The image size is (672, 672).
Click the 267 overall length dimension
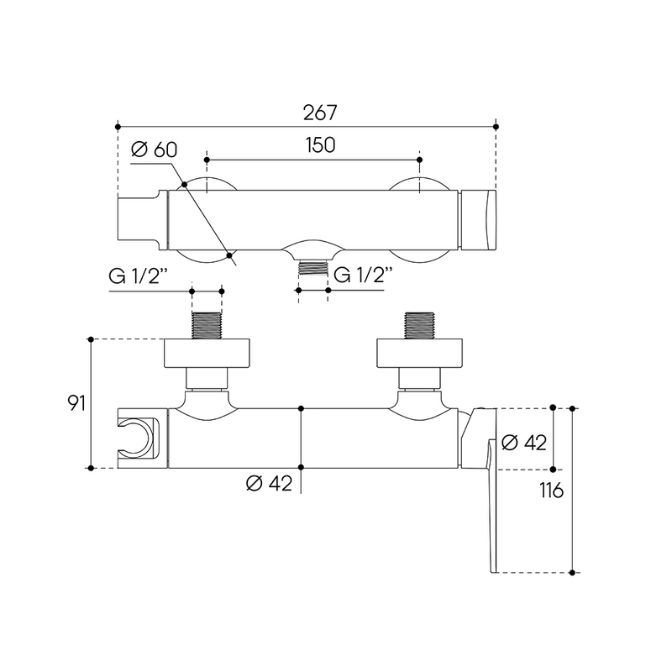pyautogui.click(x=320, y=113)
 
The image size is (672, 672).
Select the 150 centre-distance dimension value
pyautogui.click(x=320, y=145)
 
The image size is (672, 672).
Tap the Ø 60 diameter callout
pyautogui.click(x=154, y=150)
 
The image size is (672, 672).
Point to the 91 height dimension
pyautogui.click(x=76, y=403)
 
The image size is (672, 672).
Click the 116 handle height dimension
pyautogui.click(x=552, y=491)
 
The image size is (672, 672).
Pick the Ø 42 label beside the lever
pyautogui.click(x=523, y=443)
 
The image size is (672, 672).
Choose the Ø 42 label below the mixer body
pyautogui.click(x=269, y=484)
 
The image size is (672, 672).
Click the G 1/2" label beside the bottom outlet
pyautogui.click(x=363, y=275)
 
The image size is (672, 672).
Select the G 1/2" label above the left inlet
pyautogui.click(x=138, y=276)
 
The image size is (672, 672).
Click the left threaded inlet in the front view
pyautogui.click(x=207, y=326)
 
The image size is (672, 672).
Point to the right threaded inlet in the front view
pyautogui.click(x=419, y=326)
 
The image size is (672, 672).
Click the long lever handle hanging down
pyautogui.click(x=492, y=506)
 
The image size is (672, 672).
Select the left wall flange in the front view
pyautogui.click(x=207, y=353)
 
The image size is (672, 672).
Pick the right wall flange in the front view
pyautogui.click(x=419, y=353)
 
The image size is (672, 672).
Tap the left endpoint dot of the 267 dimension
pyautogui.click(x=118, y=127)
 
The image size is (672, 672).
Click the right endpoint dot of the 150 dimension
pyautogui.click(x=419, y=160)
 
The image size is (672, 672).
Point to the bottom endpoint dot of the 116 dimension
pyautogui.click(x=572, y=573)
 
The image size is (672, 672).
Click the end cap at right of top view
pyautogui.click(x=478, y=219)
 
